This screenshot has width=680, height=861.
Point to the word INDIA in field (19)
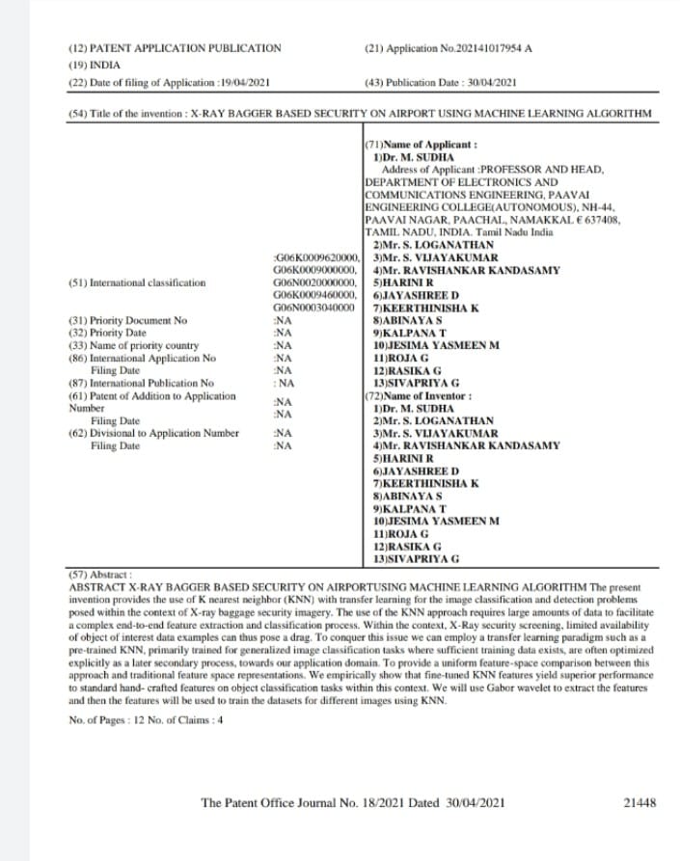point(102,64)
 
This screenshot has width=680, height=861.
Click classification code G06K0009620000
point(317,257)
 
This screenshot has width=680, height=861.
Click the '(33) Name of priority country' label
point(134,345)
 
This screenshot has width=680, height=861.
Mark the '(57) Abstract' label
point(101,572)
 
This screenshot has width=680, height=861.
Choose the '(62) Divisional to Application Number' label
point(153,433)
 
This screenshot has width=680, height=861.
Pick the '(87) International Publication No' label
point(141,383)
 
